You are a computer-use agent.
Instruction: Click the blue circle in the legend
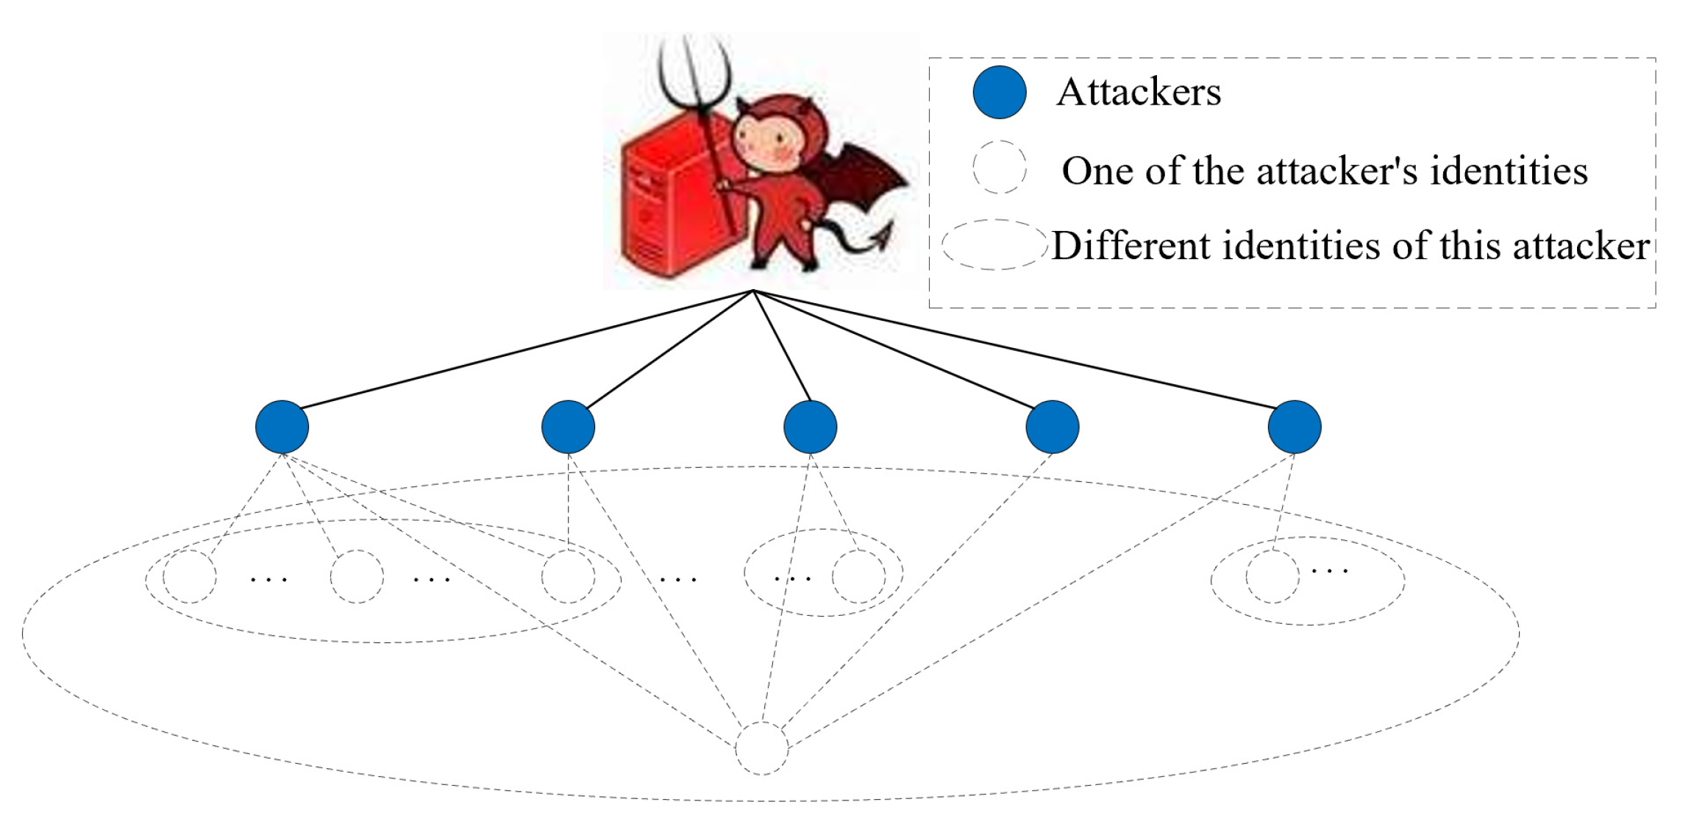click(x=999, y=92)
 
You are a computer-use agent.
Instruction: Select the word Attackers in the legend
click(x=1138, y=93)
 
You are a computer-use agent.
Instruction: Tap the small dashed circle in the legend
click(x=999, y=168)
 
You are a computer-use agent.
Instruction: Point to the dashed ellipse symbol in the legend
click(x=994, y=244)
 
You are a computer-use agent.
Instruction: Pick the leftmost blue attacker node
click(x=282, y=427)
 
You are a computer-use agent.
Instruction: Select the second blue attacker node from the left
click(x=568, y=427)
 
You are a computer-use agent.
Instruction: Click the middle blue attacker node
click(x=810, y=427)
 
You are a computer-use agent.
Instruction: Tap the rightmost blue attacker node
click(x=1295, y=427)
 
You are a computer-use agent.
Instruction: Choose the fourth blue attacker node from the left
click(x=1052, y=427)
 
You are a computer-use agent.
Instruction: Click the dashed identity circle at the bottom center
click(x=761, y=748)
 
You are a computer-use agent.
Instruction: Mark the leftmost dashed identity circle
click(x=190, y=576)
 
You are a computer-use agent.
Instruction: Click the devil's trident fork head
click(x=694, y=74)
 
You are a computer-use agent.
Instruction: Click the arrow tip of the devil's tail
click(x=882, y=236)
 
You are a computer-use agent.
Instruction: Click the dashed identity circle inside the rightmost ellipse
click(x=1272, y=576)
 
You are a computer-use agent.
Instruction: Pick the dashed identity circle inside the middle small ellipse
click(x=858, y=576)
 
